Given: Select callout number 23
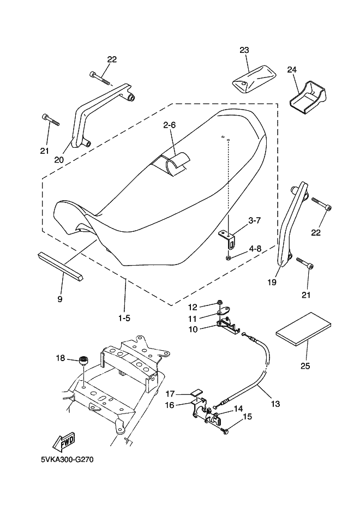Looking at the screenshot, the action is tap(244, 50).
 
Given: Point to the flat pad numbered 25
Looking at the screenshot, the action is tap(304, 329).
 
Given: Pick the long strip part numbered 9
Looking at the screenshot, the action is tap(61, 266).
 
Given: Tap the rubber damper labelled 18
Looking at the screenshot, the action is tap(84, 361).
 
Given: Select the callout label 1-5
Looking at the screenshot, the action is tap(124, 318).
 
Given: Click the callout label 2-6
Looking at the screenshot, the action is tap(169, 125).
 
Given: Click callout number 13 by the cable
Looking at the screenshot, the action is tap(275, 404).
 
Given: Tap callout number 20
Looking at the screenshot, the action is tap(59, 160).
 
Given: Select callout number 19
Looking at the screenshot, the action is tap(272, 283).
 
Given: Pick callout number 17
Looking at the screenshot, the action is tap(170, 394).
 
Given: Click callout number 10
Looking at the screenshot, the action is tap(193, 329).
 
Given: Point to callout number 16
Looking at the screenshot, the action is tap(170, 405).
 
